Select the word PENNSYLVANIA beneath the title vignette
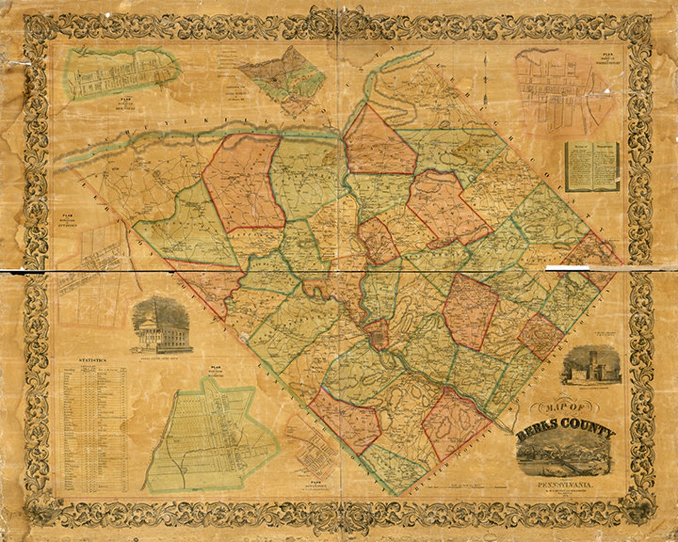coord(563,485)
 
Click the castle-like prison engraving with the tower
coord(591,367)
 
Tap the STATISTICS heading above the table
coord(92,360)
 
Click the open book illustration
coord(591,166)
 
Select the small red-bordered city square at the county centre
coord(377,334)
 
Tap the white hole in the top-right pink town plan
coord(606,92)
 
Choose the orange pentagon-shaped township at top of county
coord(378,143)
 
